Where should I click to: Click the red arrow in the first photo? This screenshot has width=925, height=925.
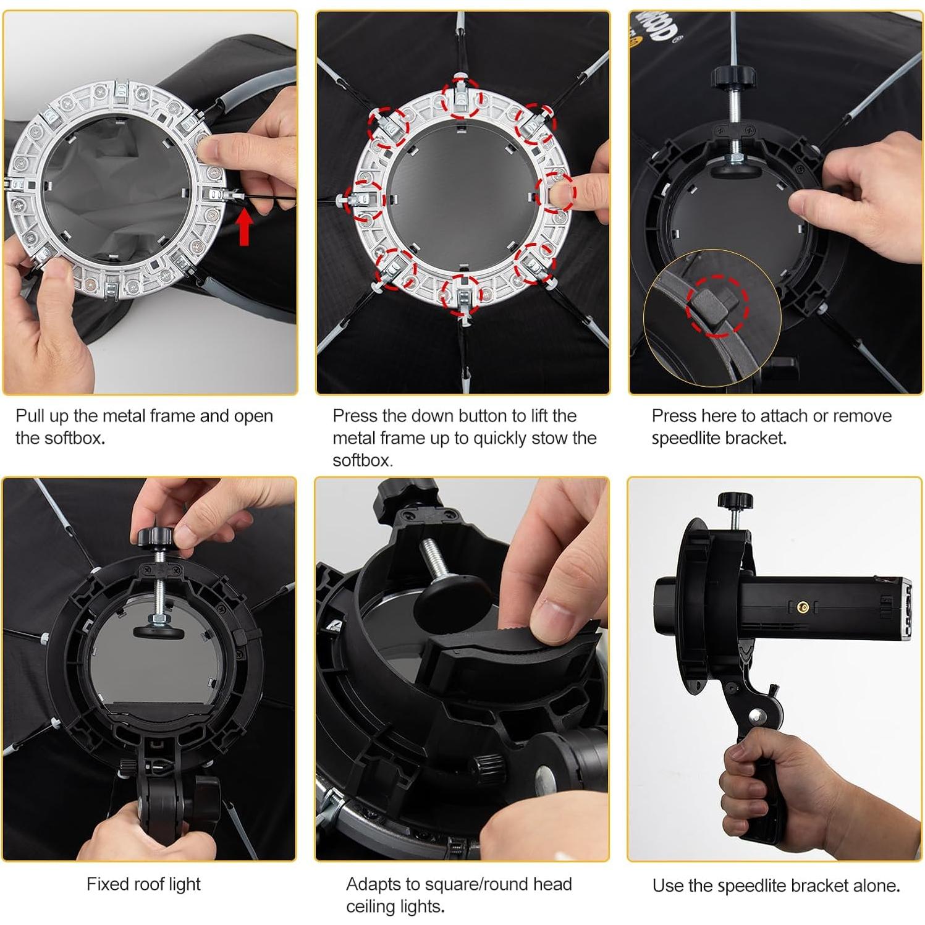(x=245, y=227)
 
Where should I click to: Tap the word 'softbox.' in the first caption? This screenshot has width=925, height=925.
(x=61, y=438)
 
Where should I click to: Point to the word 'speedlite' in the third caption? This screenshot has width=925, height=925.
(x=686, y=439)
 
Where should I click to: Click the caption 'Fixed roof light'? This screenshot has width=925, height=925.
(x=143, y=884)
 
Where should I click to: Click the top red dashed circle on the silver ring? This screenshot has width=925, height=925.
(x=462, y=98)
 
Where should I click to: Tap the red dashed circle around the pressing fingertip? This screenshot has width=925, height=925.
(x=555, y=194)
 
